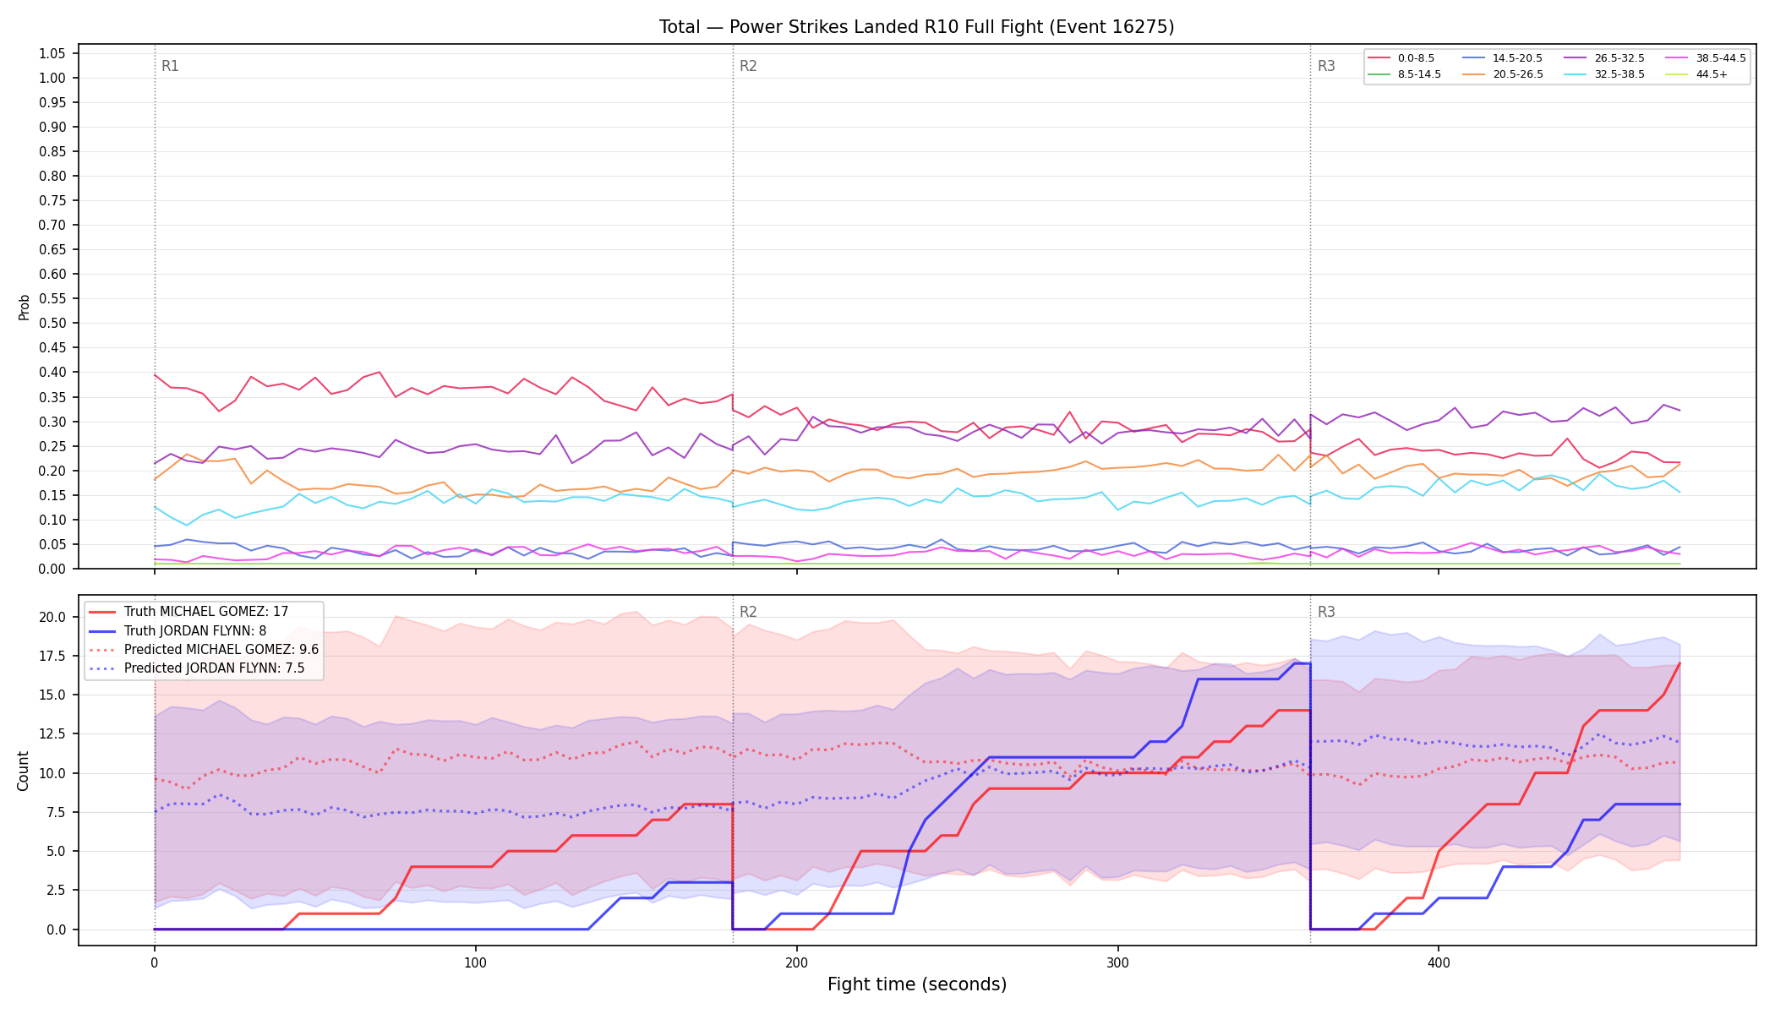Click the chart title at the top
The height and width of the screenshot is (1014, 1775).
[916, 27]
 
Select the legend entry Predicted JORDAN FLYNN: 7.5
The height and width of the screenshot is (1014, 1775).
[204, 668]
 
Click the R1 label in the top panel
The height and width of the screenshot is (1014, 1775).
[170, 66]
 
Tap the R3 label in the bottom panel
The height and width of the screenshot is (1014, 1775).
[1326, 612]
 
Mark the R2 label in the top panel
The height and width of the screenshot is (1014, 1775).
[748, 66]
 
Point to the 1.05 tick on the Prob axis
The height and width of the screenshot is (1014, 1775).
[52, 54]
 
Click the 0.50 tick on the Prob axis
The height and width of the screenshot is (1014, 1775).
[52, 324]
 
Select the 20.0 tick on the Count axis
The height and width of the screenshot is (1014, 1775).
[54, 617]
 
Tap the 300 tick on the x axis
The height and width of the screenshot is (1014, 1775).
[1117, 962]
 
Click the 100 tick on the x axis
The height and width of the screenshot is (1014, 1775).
[475, 962]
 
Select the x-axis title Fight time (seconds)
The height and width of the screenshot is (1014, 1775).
[917, 984]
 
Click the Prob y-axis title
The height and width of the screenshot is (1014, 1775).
[24, 307]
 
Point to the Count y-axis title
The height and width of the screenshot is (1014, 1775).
[24, 771]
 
